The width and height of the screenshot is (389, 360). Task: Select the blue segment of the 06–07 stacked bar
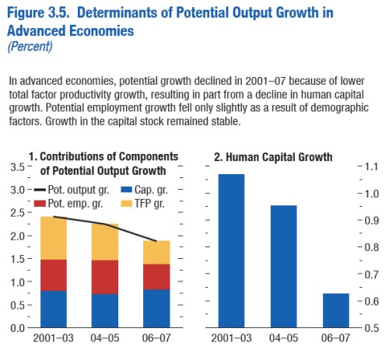[x=156, y=308]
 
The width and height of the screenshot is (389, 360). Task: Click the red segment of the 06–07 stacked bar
[x=156, y=276]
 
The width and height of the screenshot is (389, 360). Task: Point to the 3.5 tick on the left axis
[x=15, y=167]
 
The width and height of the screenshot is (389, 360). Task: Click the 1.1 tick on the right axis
[x=370, y=167]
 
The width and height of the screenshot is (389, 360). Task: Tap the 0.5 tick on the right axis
[x=370, y=327]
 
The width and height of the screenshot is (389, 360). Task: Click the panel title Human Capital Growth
[x=272, y=158]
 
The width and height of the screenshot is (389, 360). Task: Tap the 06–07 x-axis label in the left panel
[x=156, y=340]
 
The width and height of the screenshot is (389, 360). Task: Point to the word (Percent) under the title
[x=29, y=46]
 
